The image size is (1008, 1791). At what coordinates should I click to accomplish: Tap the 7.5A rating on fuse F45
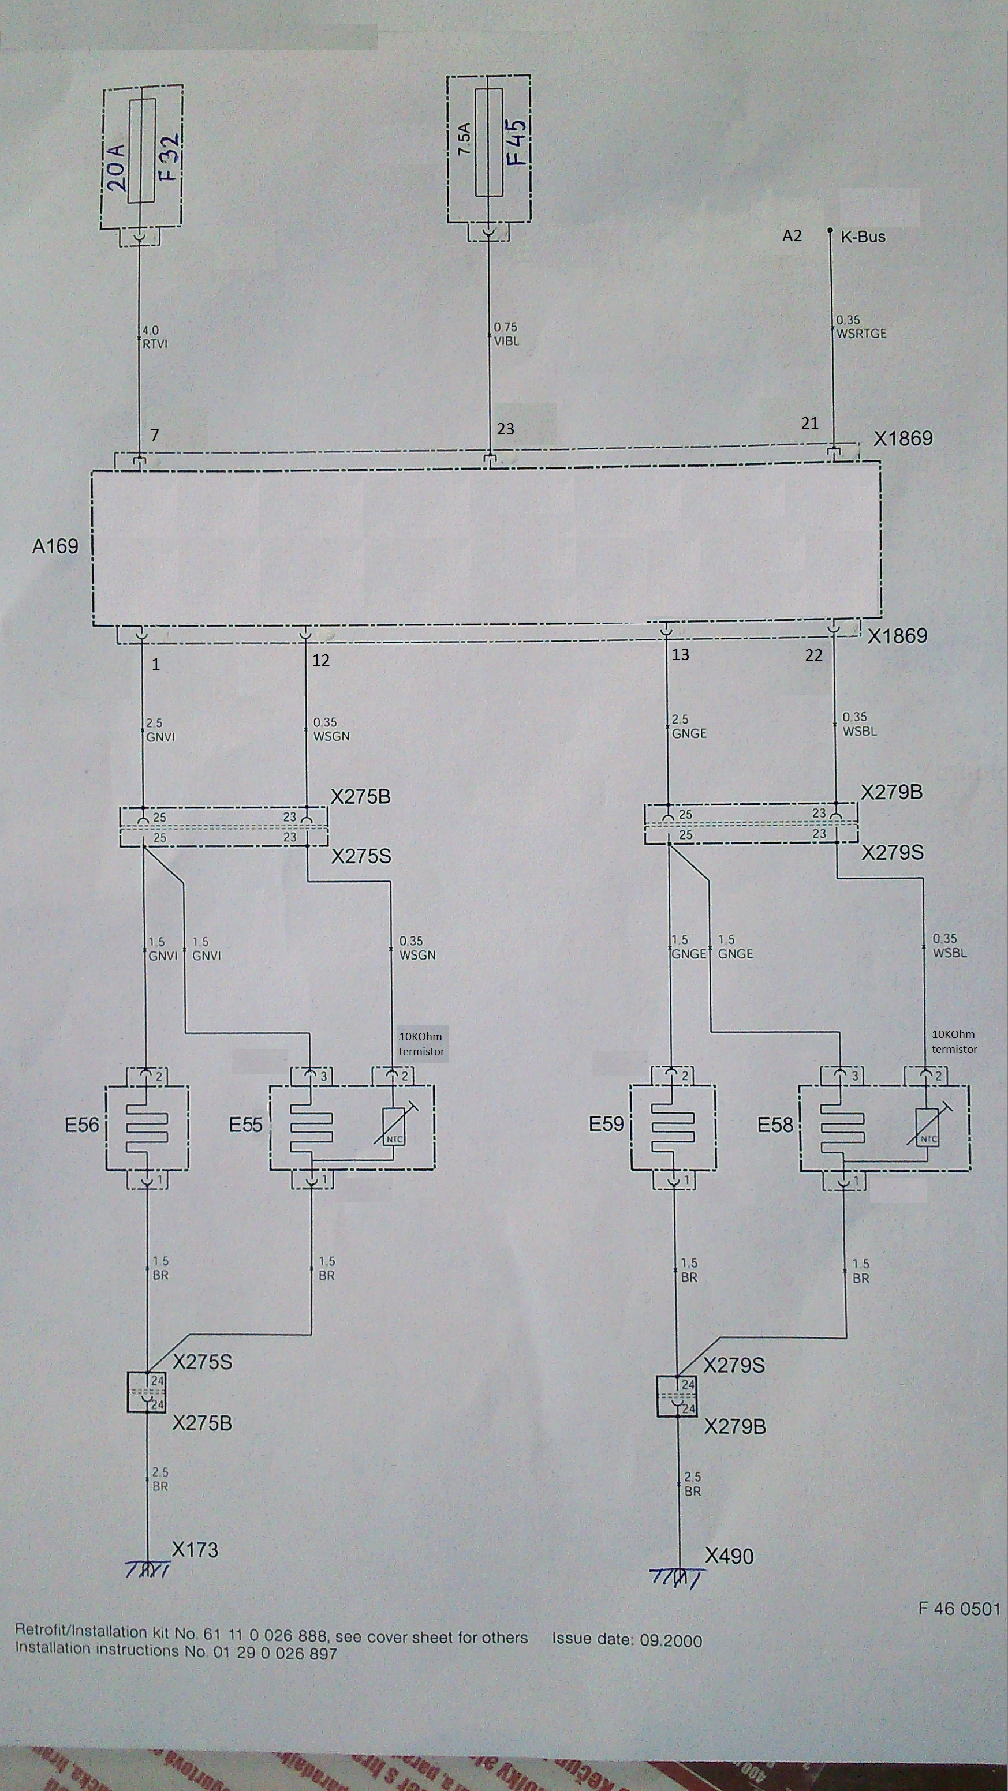coord(465,138)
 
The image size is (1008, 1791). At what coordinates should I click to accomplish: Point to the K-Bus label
coord(863,237)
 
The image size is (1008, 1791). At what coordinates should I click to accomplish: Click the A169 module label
coord(55,546)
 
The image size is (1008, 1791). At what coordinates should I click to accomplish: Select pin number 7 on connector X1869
coord(155,435)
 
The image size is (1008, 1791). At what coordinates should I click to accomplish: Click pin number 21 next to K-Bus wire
coord(810,423)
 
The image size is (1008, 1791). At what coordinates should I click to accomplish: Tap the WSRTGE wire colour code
coord(861,334)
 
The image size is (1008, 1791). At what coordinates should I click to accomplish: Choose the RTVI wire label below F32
coord(155,343)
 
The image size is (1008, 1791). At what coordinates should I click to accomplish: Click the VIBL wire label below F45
coord(506,342)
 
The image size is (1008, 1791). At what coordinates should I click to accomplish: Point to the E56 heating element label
coord(82,1124)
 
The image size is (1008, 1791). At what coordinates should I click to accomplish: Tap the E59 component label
coord(607,1123)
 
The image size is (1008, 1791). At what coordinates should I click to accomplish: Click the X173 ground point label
coord(195,1550)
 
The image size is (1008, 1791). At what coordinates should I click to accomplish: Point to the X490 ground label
coord(729,1556)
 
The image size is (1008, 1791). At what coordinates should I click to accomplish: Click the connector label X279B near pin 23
coord(891,793)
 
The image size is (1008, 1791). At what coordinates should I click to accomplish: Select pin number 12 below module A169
coord(320,660)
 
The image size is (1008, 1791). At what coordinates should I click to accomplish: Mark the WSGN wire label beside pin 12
coord(331,736)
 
